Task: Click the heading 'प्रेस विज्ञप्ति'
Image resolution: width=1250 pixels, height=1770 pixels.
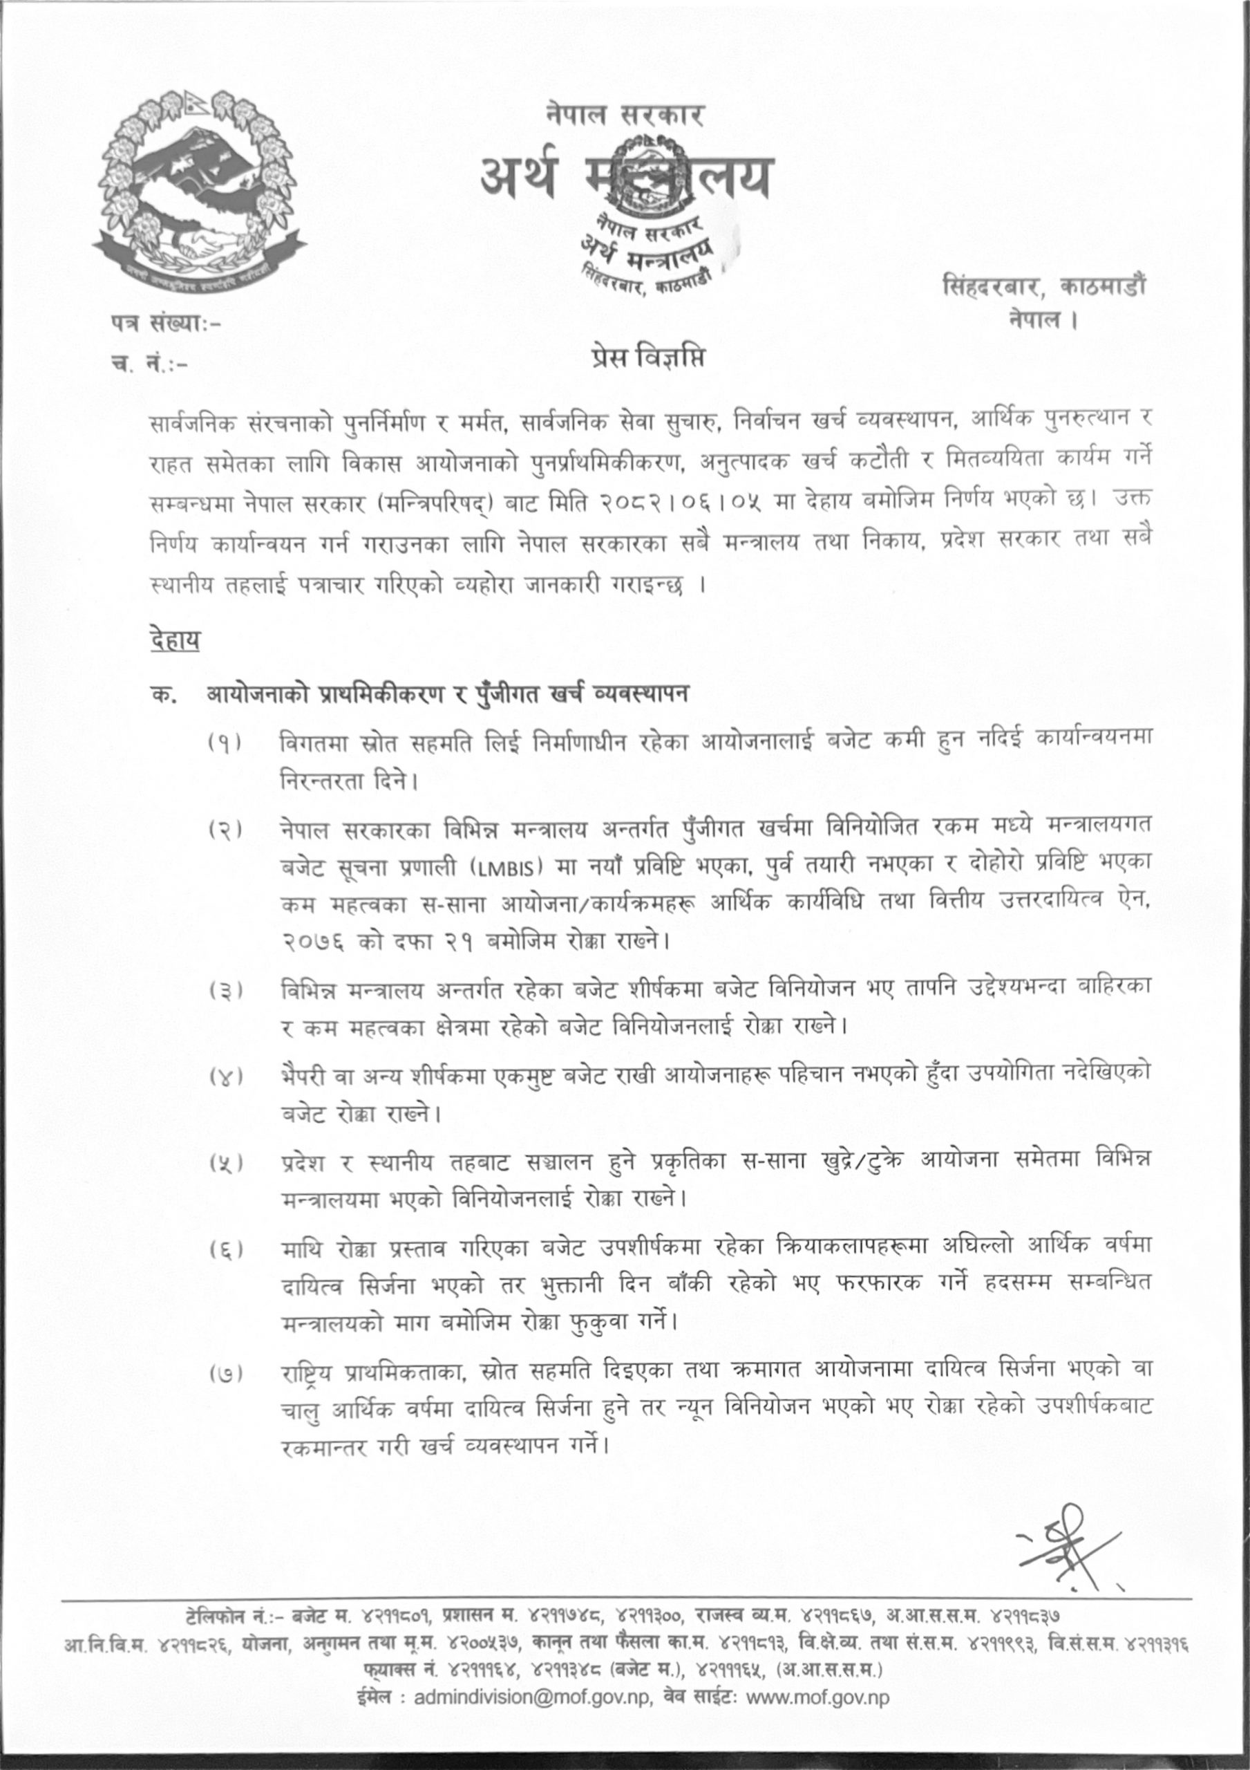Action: point(648,360)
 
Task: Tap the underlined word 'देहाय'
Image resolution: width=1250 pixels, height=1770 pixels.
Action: point(176,640)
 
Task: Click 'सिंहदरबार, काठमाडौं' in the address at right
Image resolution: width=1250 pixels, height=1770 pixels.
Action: point(1043,287)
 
